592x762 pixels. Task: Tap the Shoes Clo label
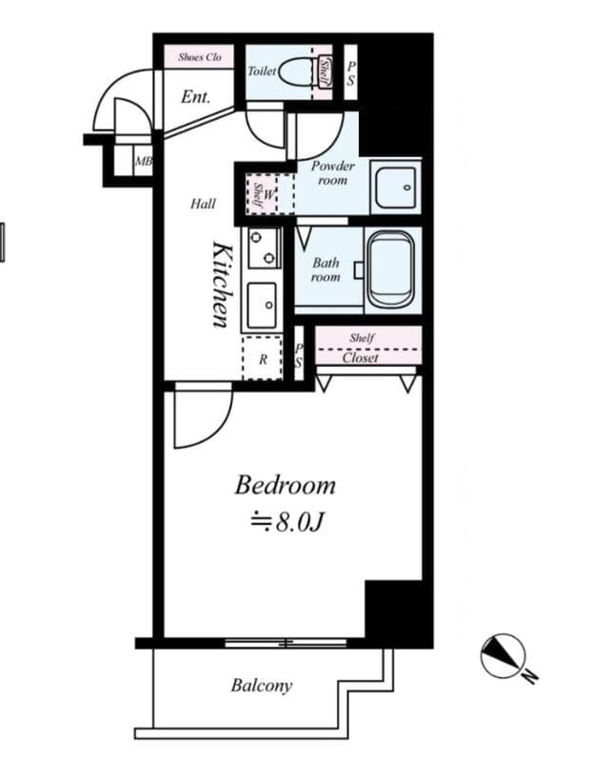click(200, 57)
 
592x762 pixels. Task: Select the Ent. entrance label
click(196, 97)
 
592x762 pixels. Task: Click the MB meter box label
click(144, 161)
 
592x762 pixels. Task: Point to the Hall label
click(203, 204)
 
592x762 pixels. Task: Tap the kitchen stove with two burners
click(264, 248)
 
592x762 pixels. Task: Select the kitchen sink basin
click(263, 306)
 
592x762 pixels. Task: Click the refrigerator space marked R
click(263, 358)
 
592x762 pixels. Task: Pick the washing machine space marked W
click(268, 194)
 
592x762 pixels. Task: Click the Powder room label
click(333, 172)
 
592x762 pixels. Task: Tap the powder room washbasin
click(396, 187)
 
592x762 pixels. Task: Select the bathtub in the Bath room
click(391, 270)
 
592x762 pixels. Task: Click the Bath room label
click(326, 270)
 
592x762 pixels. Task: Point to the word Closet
click(360, 358)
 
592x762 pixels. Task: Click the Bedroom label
click(286, 486)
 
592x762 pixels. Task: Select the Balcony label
click(262, 686)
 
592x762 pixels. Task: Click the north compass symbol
click(503, 655)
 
